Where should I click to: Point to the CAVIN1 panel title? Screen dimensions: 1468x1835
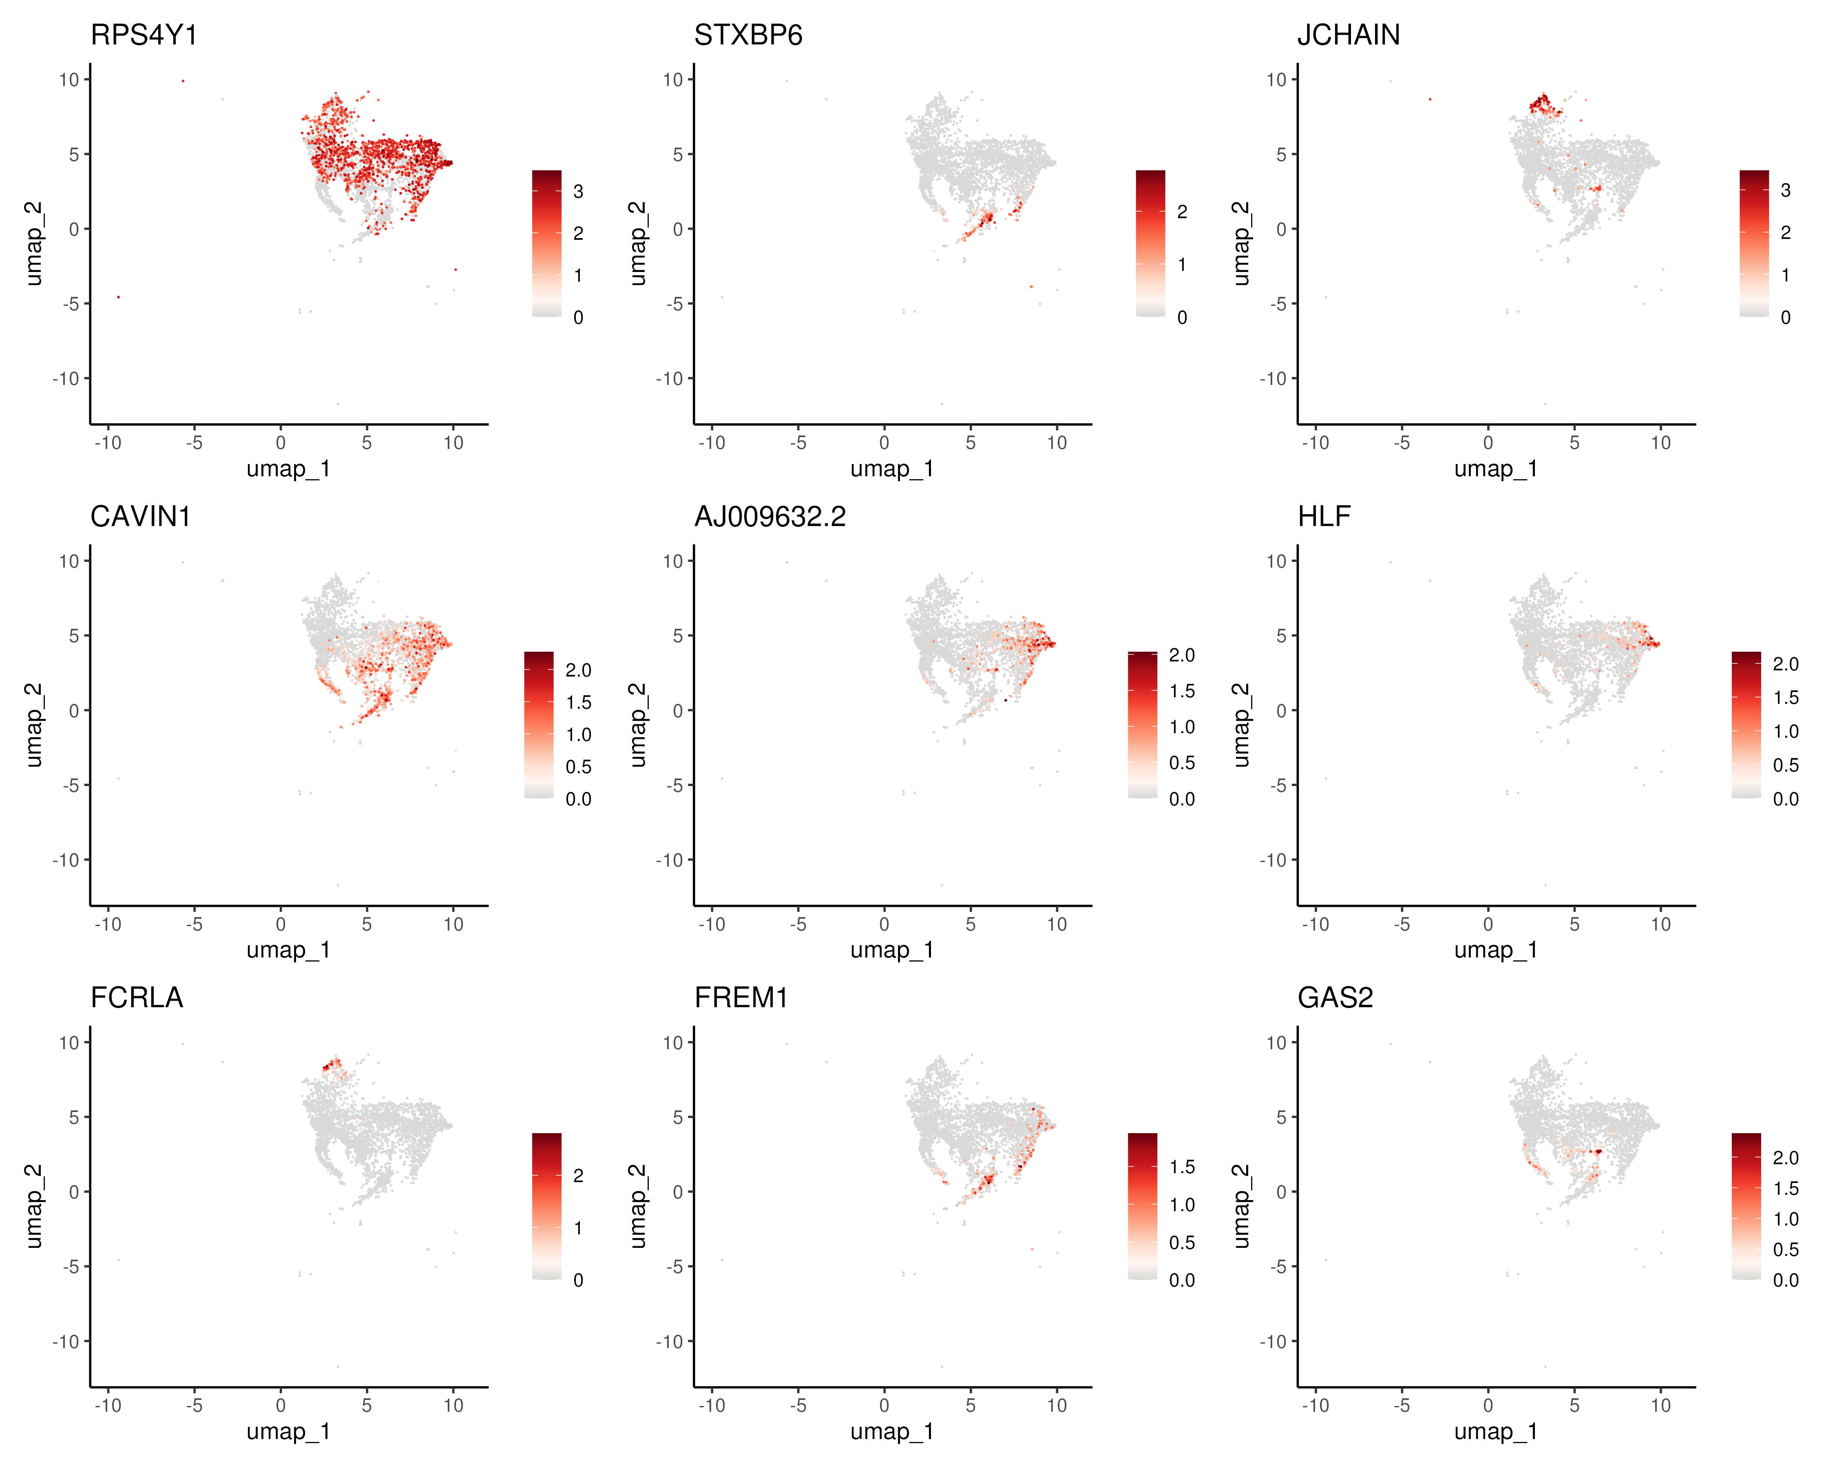(x=140, y=517)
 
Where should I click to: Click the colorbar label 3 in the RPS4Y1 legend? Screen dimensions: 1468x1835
(x=578, y=192)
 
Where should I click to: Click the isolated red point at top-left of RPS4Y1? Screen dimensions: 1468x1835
(x=183, y=81)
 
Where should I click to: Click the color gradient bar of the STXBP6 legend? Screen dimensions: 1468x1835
(x=1150, y=243)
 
